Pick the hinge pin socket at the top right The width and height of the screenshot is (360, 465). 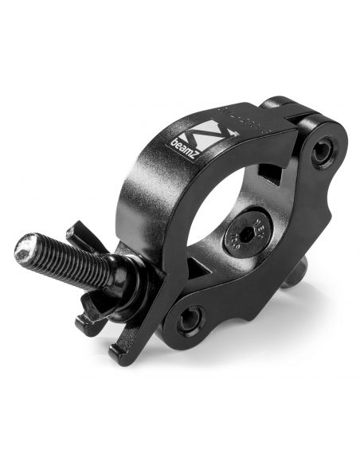click(323, 152)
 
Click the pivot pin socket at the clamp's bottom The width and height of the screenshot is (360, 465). click(189, 320)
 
